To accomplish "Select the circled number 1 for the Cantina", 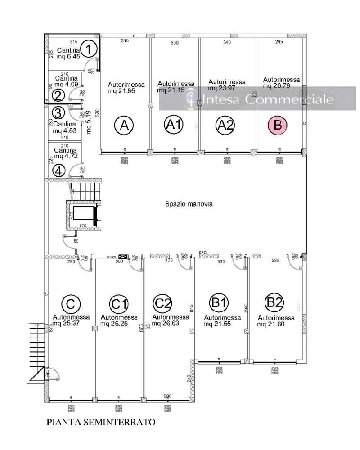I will tap(90, 49).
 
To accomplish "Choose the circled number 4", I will tap(58, 171).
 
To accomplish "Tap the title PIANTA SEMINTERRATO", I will tap(101, 423).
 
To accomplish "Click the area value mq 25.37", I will tap(68, 323).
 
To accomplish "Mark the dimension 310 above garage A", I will tap(125, 41).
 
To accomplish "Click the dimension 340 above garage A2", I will tap(227, 42).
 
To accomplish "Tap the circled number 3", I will tap(58, 111).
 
